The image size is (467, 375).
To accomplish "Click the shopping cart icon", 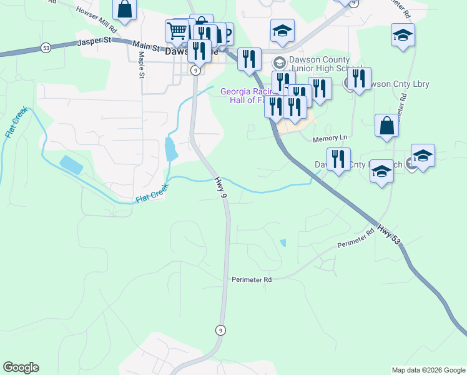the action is click(177, 30).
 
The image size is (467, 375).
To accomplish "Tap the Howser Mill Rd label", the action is click(96, 20).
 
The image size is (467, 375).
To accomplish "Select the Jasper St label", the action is click(93, 42).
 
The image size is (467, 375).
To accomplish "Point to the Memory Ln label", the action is click(329, 137).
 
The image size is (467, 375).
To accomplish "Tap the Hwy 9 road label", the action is click(219, 187).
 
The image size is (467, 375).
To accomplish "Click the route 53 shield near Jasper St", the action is click(46, 47).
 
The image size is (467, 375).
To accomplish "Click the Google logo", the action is click(21, 367).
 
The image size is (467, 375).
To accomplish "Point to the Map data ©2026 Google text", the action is click(428, 370).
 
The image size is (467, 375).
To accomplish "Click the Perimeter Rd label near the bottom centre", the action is click(252, 280).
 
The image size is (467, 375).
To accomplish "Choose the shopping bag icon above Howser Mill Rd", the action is click(124, 9).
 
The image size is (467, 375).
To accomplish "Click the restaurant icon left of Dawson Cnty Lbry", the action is click(358, 78).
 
